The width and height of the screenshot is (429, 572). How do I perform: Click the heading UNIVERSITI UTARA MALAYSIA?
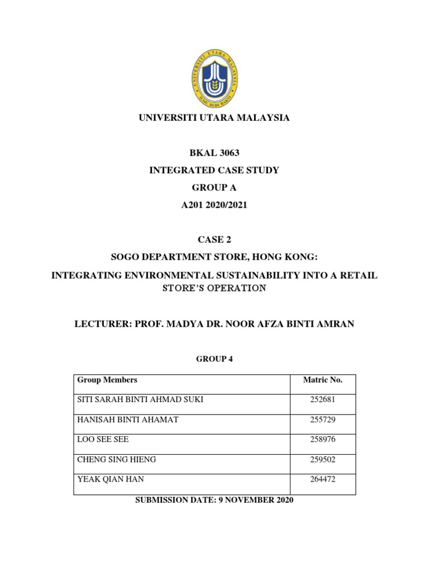coord(214,118)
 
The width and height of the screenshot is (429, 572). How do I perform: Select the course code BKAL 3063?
coord(214,153)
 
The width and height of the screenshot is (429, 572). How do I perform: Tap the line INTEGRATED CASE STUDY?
coord(214,170)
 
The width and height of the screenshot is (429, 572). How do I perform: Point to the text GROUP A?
coord(214,188)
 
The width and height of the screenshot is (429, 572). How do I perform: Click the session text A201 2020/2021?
coord(214,205)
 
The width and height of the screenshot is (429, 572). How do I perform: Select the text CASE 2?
coord(214,240)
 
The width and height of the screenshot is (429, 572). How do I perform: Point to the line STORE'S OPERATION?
coord(214,288)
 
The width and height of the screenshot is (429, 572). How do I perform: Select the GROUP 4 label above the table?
coord(214,359)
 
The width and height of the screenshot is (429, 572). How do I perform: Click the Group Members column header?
coord(107,380)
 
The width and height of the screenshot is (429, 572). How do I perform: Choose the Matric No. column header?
coord(322,380)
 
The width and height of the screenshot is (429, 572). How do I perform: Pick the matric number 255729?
coord(322,420)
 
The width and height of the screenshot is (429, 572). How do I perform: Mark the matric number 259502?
coord(322,460)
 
